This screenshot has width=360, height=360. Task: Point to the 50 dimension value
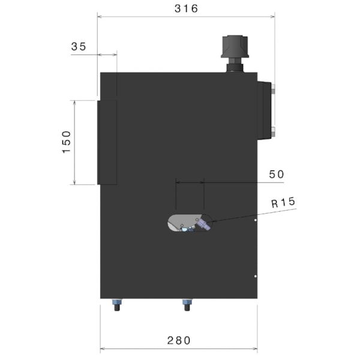coord(276,174)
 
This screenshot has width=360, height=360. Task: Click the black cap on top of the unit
coord(235,46)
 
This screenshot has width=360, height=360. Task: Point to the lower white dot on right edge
coord(256,276)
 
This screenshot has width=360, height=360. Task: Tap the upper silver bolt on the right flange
coord(273,91)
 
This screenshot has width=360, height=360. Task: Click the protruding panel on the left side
coord(107,142)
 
